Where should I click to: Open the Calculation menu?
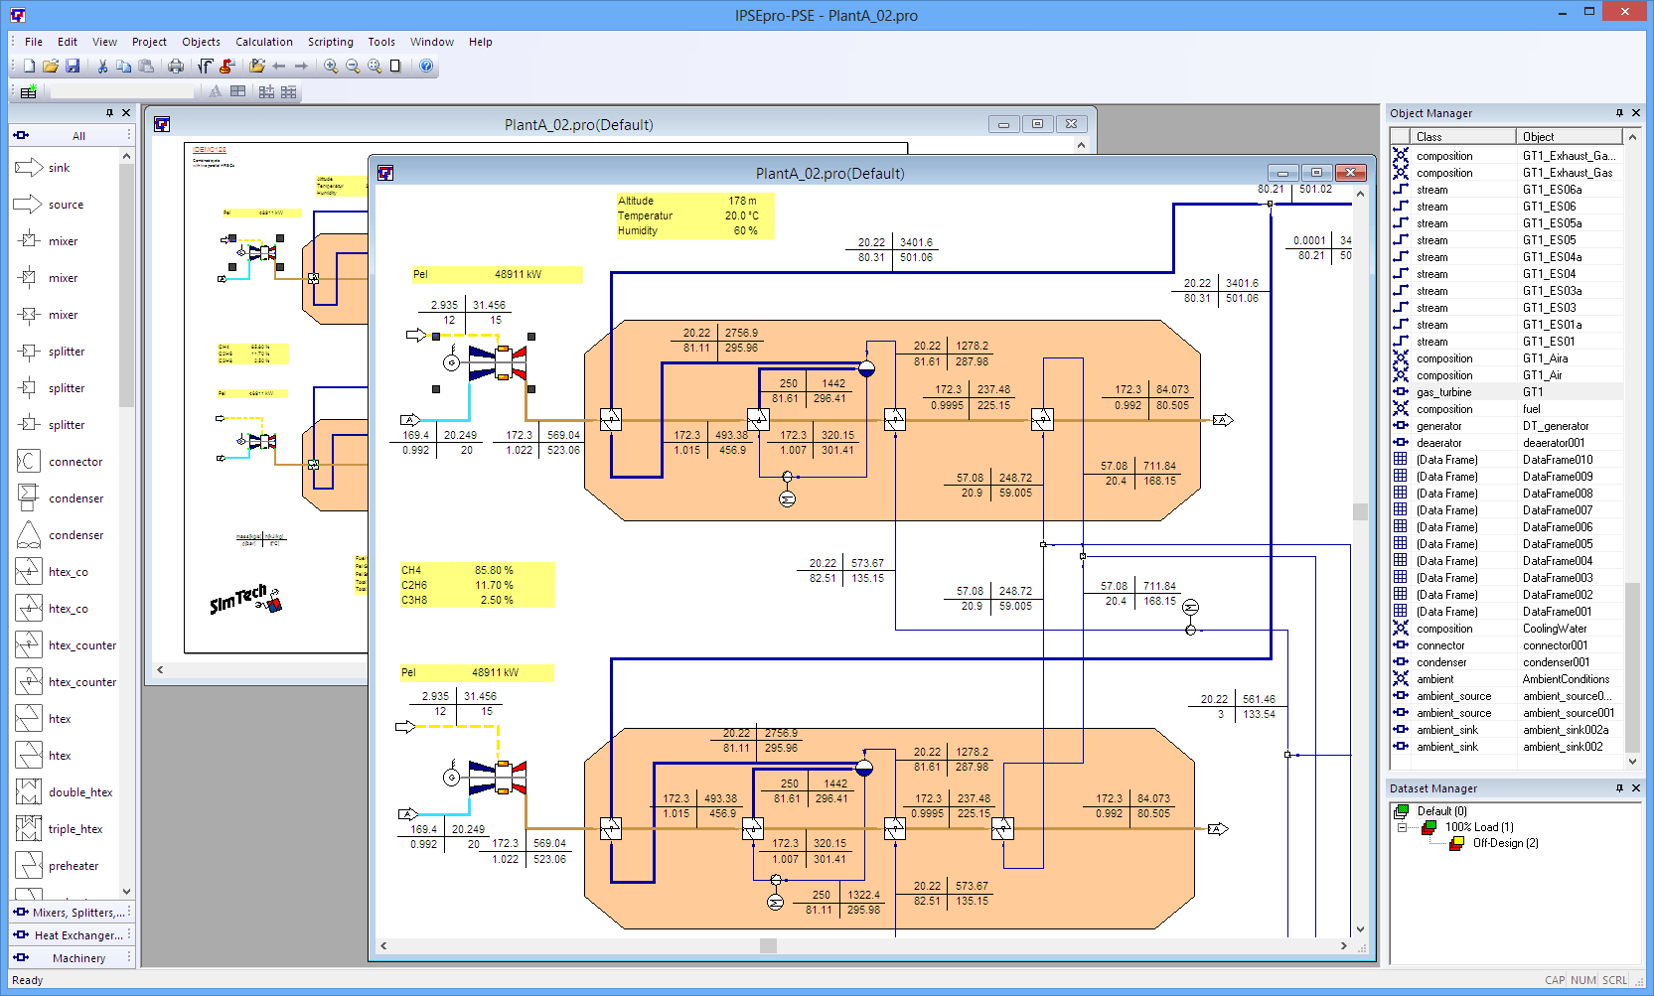[263, 42]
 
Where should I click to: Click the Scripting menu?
[330, 42]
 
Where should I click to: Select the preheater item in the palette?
[73, 866]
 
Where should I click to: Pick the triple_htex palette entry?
[75, 829]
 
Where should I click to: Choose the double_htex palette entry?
[79, 792]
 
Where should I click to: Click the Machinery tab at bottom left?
[78, 958]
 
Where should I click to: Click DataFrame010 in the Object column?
[1557, 460]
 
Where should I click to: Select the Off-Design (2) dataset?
[1504, 843]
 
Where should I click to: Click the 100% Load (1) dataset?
[1478, 827]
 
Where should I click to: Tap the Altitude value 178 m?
[742, 201]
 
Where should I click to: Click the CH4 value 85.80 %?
[494, 570]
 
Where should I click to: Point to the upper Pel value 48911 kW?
[518, 274]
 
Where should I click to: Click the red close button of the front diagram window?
[1350, 173]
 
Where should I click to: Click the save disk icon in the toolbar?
[73, 67]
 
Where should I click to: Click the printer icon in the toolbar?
[176, 67]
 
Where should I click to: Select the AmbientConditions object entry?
[1565, 679]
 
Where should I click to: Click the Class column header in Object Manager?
[1428, 137]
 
